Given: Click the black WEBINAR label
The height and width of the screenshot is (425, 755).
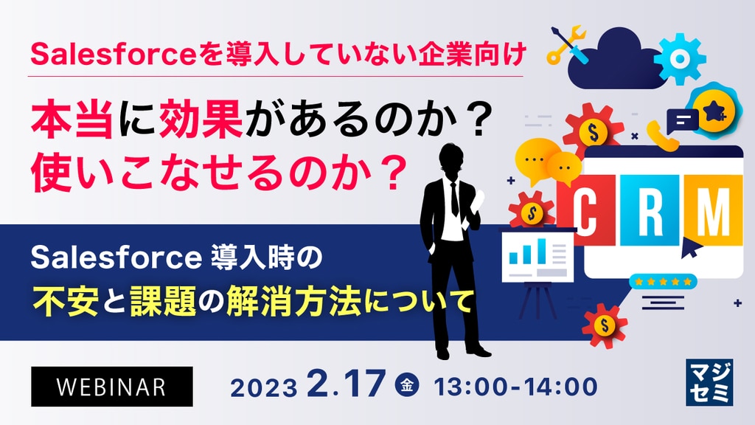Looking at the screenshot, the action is pyautogui.click(x=112, y=387).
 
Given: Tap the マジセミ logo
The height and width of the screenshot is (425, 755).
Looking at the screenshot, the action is pyautogui.click(x=709, y=383).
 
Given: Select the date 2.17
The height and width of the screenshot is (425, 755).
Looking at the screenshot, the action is pyautogui.click(x=347, y=384).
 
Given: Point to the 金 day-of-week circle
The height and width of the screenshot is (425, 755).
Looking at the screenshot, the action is pyautogui.click(x=407, y=385).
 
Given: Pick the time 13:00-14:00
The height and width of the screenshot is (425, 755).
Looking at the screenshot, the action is pyautogui.click(x=515, y=387).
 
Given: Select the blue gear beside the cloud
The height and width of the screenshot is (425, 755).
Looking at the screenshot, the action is pyautogui.click(x=679, y=59).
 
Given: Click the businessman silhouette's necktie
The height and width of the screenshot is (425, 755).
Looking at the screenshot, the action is pyautogui.click(x=454, y=199).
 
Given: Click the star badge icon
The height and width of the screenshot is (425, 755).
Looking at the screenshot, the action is pyautogui.click(x=713, y=111).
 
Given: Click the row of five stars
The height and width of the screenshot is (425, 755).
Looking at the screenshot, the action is pyautogui.click(x=663, y=281).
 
